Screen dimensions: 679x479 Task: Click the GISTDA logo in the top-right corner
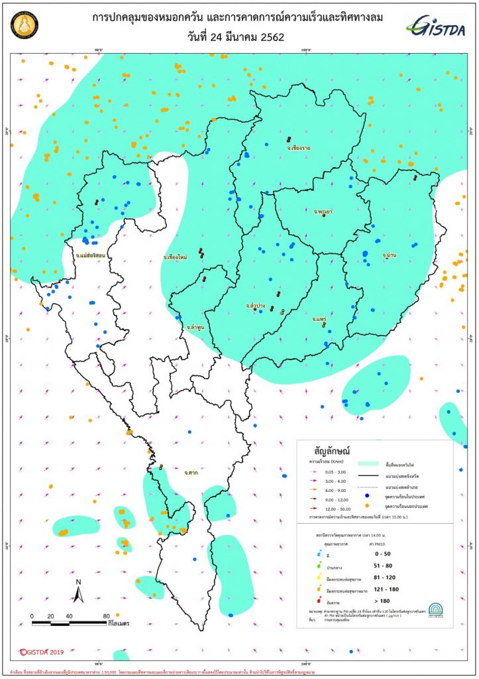click(x=437, y=27)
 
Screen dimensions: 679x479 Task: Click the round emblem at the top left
click(x=25, y=27)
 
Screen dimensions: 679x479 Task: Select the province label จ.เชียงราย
click(x=299, y=148)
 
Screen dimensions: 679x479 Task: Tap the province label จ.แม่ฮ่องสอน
click(x=92, y=255)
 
